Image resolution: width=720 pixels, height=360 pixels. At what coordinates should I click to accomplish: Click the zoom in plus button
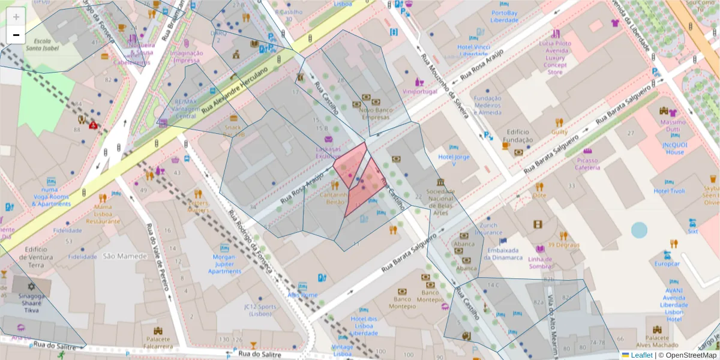tap(16, 17)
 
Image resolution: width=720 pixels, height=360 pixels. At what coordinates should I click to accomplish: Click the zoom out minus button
tap(16, 35)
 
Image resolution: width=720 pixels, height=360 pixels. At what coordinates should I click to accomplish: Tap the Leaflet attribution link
tap(641, 355)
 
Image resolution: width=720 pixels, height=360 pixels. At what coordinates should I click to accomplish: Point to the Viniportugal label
tap(420, 92)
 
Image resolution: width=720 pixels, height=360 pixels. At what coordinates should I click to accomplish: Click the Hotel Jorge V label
tap(454, 160)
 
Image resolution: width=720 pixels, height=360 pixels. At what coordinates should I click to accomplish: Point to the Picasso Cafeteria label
tap(587, 164)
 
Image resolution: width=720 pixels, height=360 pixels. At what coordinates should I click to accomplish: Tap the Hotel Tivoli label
tap(669, 191)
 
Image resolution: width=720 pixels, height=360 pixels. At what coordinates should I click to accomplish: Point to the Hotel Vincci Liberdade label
tap(474, 50)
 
